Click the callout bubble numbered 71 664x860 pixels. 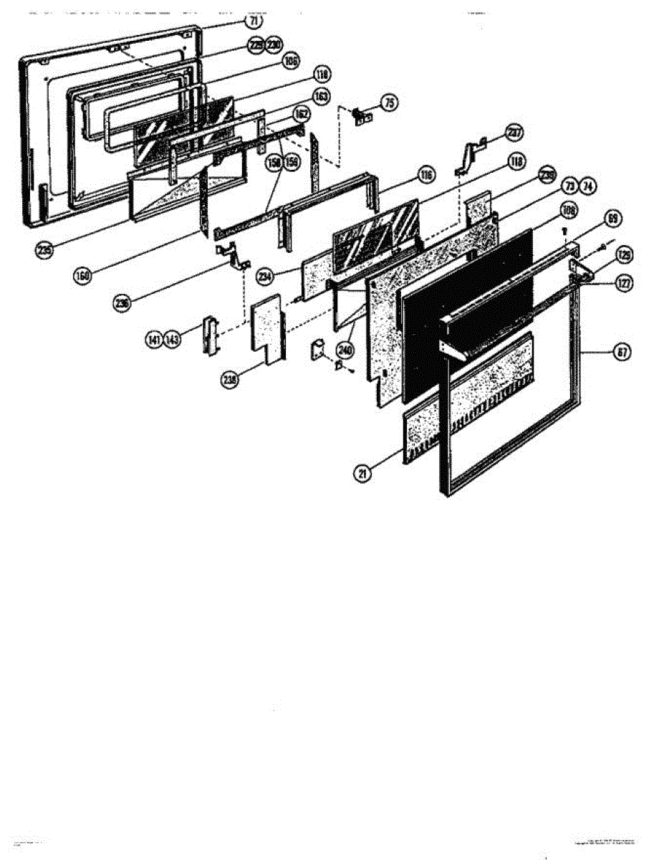[x=255, y=21]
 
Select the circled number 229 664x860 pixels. [x=255, y=46]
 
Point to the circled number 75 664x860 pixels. [x=389, y=103]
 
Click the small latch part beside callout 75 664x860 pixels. [x=364, y=115]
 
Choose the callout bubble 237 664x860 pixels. [x=514, y=133]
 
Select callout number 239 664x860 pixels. [x=547, y=174]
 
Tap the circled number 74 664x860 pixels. [x=587, y=187]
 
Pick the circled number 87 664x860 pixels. [x=623, y=352]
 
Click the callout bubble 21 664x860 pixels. [x=364, y=474]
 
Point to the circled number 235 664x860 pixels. [x=45, y=250]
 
